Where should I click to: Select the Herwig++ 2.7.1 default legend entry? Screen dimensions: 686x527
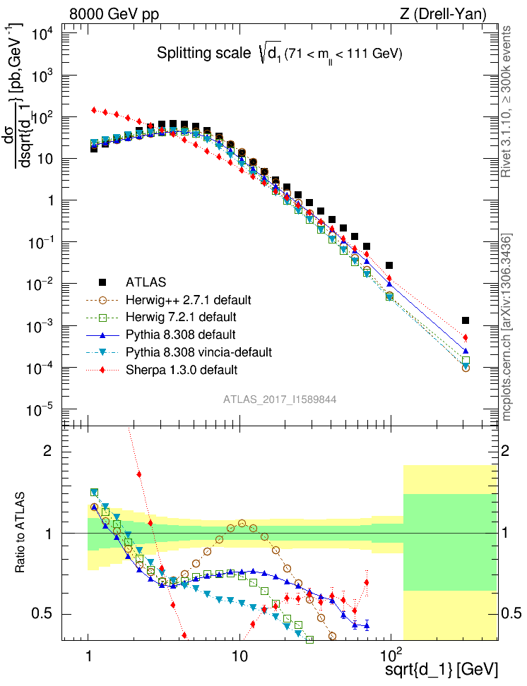(186, 300)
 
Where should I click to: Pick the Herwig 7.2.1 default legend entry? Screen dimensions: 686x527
(182, 317)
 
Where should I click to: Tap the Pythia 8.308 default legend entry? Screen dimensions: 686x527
(182, 334)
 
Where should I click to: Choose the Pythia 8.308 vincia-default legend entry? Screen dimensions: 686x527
(202, 351)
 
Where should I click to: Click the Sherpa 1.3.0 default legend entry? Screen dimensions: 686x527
(182, 368)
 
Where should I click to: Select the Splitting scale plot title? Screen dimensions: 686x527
(280, 54)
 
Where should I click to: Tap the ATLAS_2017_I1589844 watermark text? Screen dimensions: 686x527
(280, 399)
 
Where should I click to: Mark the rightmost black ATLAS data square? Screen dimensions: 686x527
(466, 320)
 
